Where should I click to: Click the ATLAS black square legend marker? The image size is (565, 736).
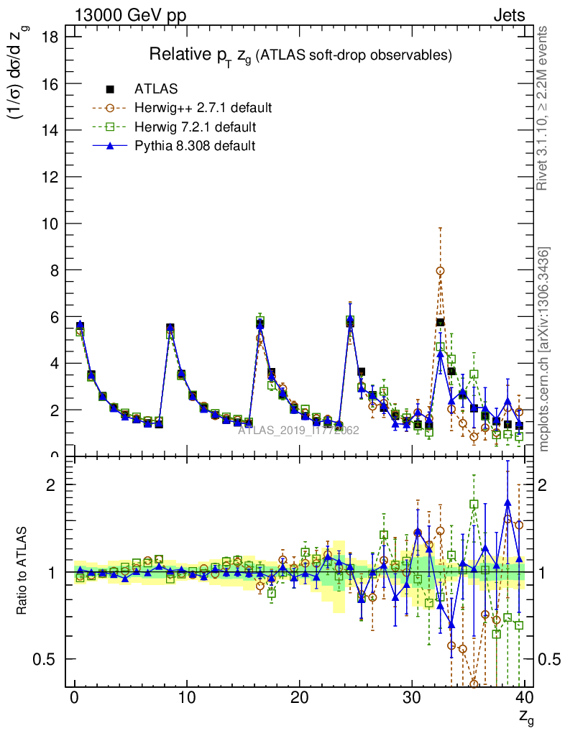point(110,89)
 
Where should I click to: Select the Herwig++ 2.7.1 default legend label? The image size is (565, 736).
point(203,108)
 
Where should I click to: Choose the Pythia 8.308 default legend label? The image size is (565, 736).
point(195,145)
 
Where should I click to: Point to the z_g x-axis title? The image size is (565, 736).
point(525,716)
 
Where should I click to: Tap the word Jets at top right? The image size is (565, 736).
point(509,14)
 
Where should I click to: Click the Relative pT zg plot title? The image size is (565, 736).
point(300,55)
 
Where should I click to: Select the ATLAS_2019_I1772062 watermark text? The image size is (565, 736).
point(298,431)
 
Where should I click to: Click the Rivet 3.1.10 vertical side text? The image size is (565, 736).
point(543,108)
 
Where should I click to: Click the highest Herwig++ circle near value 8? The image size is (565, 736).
point(440,271)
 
